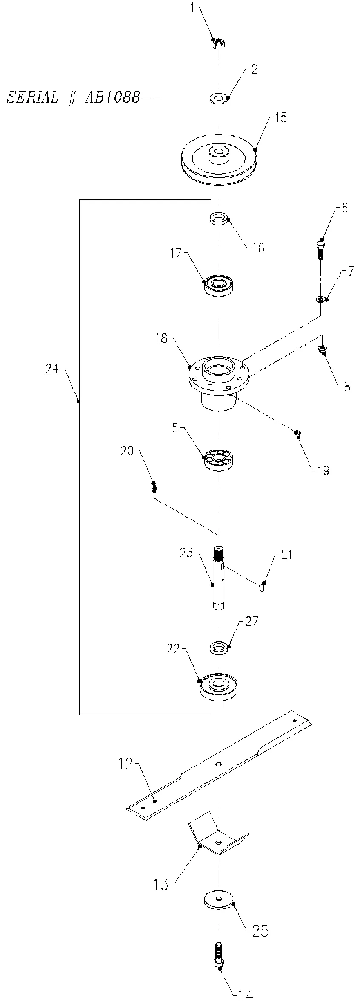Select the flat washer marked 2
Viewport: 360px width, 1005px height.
coord(219,99)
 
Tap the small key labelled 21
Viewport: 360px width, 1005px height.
coord(262,587)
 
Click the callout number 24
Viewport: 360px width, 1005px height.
coord(52,369)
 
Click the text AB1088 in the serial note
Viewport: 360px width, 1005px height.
coord(112,97)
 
